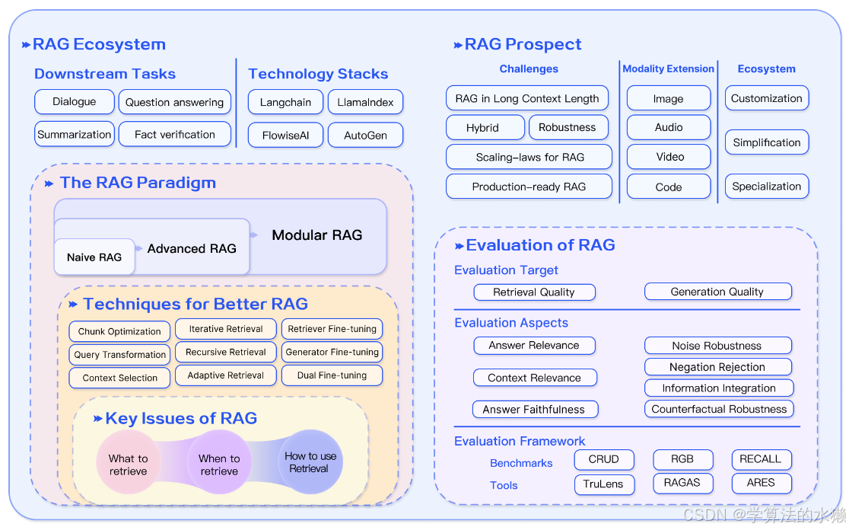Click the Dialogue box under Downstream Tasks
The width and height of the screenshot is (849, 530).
click(x=75, y=102)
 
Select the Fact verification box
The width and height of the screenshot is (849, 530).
click(x=175, y=134)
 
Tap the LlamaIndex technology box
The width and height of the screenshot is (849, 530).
click(x=365, y=103)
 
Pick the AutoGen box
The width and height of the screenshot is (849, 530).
click(x=365, y=136)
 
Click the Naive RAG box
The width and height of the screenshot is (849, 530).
click(x=94, y=257)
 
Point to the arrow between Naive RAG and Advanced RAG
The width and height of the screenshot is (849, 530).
click(x=139, y=248)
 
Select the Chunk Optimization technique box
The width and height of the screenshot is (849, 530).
click(x=119, y=331)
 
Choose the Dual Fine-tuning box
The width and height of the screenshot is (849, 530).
click(x=332, y=375)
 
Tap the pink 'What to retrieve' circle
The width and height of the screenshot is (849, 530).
click(x=129, y=462)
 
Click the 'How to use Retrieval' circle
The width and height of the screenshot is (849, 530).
click(x=310, y=462)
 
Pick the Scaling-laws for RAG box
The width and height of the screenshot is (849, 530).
click(x=529, y=157)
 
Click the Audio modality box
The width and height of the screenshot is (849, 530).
click(x=669, y=127)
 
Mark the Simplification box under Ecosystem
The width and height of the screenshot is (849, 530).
click(x=767, y=142)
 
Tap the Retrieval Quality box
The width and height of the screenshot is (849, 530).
click(x=534, y=292)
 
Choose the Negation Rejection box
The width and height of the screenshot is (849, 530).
click(x=718, y=367)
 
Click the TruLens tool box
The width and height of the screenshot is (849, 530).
click(x=604, y=484)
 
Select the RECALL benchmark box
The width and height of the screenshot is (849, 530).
click(x=762, y=459)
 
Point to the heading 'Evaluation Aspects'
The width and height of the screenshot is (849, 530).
click(x=511, y=323)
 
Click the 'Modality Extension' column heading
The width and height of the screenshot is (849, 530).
click(x=668, y=69)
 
